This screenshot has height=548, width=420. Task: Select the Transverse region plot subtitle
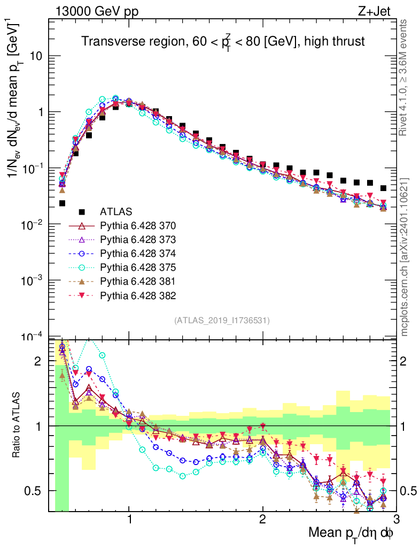[223, 42]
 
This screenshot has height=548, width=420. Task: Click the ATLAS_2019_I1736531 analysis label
[222, 321]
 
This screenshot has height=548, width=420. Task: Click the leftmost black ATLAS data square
[62, 203]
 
